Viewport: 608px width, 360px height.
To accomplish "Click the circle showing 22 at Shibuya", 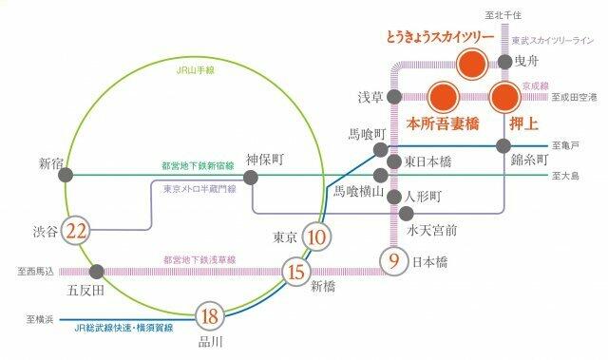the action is pyautogui.click(x=78, y=231).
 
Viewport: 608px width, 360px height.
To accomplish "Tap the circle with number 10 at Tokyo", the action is pyautogui.click(x=319, y=237).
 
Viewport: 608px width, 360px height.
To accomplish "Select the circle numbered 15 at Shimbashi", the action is pyautogui.click(x=295, y=272).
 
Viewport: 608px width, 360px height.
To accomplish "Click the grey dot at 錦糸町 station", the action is pyautogui.click(x=504, y=145).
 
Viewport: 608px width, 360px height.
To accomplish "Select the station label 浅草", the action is pyautogui.click(x=370, y=97).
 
